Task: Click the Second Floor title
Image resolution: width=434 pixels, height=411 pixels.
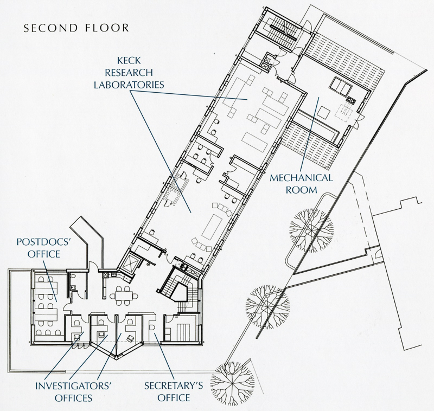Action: pyautogui.click(x=76, y=28)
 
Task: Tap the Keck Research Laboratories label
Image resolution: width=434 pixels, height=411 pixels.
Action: pyautogui.click(x=129, y=73)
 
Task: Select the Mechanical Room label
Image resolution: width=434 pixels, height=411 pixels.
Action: pyautogui.click(x=301, y=184)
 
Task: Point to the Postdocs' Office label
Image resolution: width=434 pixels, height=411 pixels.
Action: pyautogui.click(x=44, y=248)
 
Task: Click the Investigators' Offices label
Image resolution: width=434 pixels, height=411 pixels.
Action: pyautogui.click(x=73, y=391)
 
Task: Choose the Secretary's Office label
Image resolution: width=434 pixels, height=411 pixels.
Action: pyautogui.click(x=174, y=391)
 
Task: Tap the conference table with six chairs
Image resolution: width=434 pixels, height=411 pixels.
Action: pyautogui.click(x=124, y=296)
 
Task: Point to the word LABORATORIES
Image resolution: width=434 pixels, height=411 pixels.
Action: pyautogui.click(x=129, y=85)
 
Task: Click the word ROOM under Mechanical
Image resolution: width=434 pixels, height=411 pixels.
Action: pyautogui.click(x=301, y=190)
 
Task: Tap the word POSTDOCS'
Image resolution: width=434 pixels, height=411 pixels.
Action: pyautogui.click(x=44, y=242)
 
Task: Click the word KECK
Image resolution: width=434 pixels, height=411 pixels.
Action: pyautogui.click(x=129, y=60)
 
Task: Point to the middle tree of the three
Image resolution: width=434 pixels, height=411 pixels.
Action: pyautogui.click(x=267, y=307)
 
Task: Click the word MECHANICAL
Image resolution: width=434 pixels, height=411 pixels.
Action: pyautogui.click(x=301, y=178)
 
